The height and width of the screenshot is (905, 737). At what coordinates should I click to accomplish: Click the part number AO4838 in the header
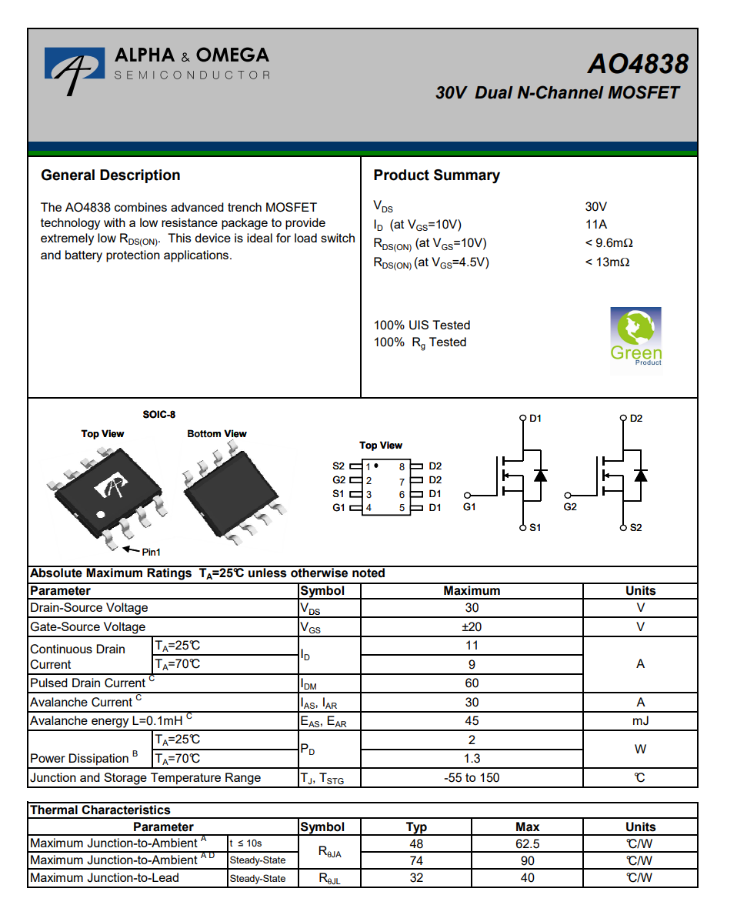(637, 63)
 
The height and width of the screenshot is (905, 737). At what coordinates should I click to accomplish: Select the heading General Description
(111, 175)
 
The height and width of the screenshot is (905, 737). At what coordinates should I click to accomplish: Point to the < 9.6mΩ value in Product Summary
(609, 243)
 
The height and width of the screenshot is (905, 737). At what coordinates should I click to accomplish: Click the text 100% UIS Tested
(422, 325)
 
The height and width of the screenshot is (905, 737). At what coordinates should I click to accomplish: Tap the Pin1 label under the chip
(151, 552)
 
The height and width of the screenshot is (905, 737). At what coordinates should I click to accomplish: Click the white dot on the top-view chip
(100, 514)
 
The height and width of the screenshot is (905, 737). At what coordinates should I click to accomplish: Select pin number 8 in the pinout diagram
(402, 466)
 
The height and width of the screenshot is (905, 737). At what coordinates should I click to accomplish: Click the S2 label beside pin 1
(339, 466)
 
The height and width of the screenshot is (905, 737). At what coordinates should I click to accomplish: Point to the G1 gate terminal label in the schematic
(469, 507)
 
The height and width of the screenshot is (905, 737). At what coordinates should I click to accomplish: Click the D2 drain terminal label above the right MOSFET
(635, 419)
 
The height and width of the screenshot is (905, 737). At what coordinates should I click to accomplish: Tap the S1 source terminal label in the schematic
(535, 528)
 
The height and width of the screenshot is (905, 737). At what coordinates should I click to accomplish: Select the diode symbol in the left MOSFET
(540, 475)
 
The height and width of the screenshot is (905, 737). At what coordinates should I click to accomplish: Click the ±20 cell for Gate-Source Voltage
(472, 626)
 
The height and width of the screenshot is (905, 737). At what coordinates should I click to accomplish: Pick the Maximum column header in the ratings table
(472, 591)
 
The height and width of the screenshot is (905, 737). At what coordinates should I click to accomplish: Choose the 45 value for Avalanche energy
(472, 721)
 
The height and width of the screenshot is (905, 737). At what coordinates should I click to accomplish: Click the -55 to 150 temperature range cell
(472, 777)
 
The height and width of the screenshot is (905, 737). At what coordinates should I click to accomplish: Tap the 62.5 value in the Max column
(527, 843)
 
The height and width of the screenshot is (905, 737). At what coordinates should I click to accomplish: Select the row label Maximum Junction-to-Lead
(105, 878)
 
